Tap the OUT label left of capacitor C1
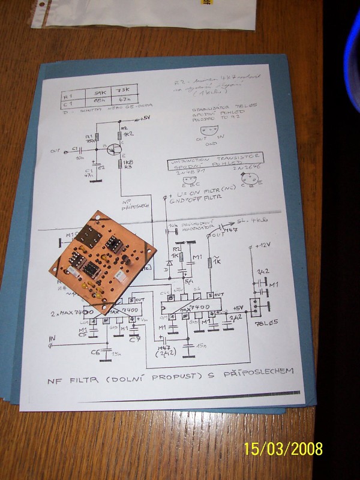(x=56, y=150)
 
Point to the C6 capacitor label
(x=95, y=352)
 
